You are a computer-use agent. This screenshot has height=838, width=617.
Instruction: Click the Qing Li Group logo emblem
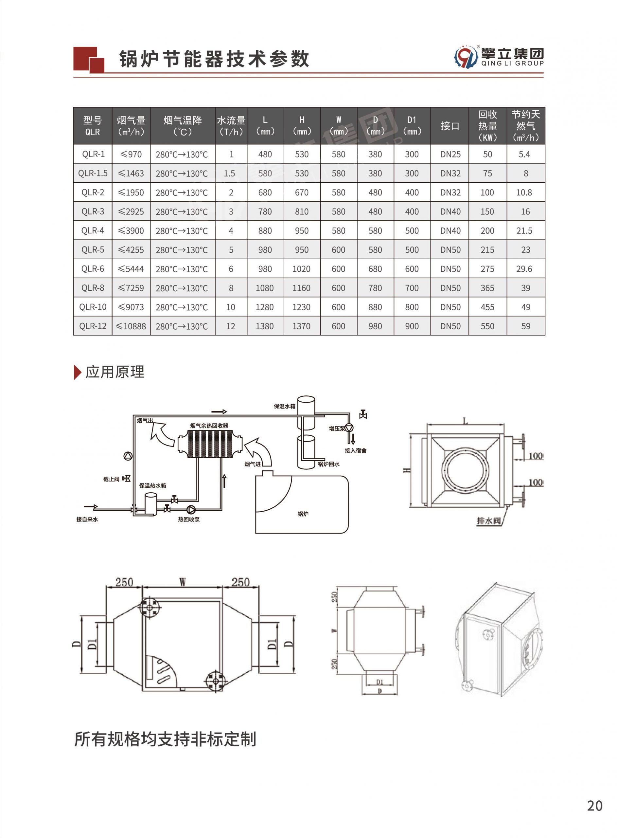pos(465,57)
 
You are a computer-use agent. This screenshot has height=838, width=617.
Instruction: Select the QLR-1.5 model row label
pos(93,173)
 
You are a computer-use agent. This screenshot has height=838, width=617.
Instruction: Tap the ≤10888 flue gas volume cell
pos(131,326)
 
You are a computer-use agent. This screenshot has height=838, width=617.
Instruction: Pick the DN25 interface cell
pos(450,154)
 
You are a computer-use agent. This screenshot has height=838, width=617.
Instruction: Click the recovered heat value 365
pos(487,288)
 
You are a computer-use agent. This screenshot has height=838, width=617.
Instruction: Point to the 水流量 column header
pos(231,126)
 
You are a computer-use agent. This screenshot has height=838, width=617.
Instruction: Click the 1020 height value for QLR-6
pos(301,269)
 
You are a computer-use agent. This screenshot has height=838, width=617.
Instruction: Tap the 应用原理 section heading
pos(115,372)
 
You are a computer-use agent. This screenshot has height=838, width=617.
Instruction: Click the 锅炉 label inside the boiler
pos(303,514)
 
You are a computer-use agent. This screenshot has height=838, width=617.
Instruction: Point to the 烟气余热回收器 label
pos(209,426)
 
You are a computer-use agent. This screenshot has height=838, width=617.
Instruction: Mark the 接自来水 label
pos(87,519)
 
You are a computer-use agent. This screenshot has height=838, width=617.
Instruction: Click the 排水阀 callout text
pos(488,521)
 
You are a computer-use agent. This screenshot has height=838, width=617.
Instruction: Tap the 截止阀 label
pos(111,479)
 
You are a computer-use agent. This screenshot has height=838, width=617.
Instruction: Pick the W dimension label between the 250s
pos(182,582)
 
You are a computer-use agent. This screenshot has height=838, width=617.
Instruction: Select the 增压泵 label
pos(337,428)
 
